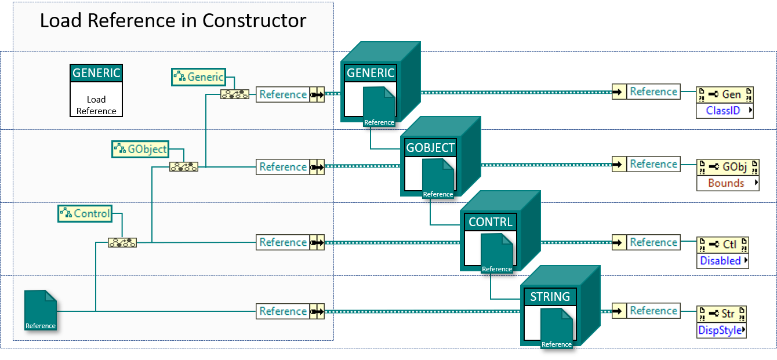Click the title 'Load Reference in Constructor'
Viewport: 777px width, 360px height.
tap(173, 21)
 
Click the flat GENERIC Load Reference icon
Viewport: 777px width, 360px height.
tap(96, 90)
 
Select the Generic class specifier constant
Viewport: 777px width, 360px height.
tap(198, 77)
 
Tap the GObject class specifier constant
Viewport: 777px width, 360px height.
tap(140, 149)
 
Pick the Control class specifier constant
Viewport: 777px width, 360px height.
tap(85, 213)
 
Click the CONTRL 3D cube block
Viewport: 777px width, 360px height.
tap(499, 231)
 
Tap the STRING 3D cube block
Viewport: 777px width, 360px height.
tap(559, 306)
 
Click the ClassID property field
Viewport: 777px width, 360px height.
tap(724, 110)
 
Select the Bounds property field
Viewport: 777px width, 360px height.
tap(727, 183)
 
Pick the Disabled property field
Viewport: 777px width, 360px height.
tap(722, 261)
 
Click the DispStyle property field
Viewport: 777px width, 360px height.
tap(721, 330)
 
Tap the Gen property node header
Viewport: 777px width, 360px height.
tap(725, 94)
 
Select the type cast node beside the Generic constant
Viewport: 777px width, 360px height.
tap(235, 94)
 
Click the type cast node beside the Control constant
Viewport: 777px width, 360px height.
tap(122, 242)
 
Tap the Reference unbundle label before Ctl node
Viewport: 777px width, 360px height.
tap(653, 242)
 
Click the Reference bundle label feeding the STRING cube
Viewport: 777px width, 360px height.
tap(283, 311)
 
